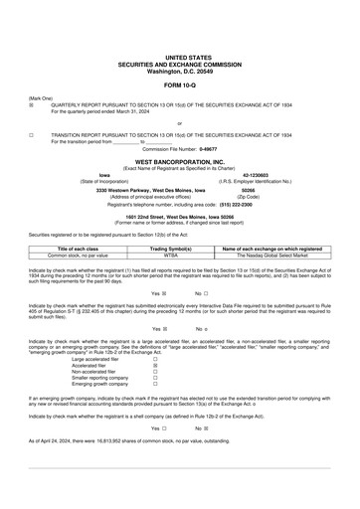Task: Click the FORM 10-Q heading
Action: point(179,88)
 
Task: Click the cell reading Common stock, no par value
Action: point(78,254)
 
